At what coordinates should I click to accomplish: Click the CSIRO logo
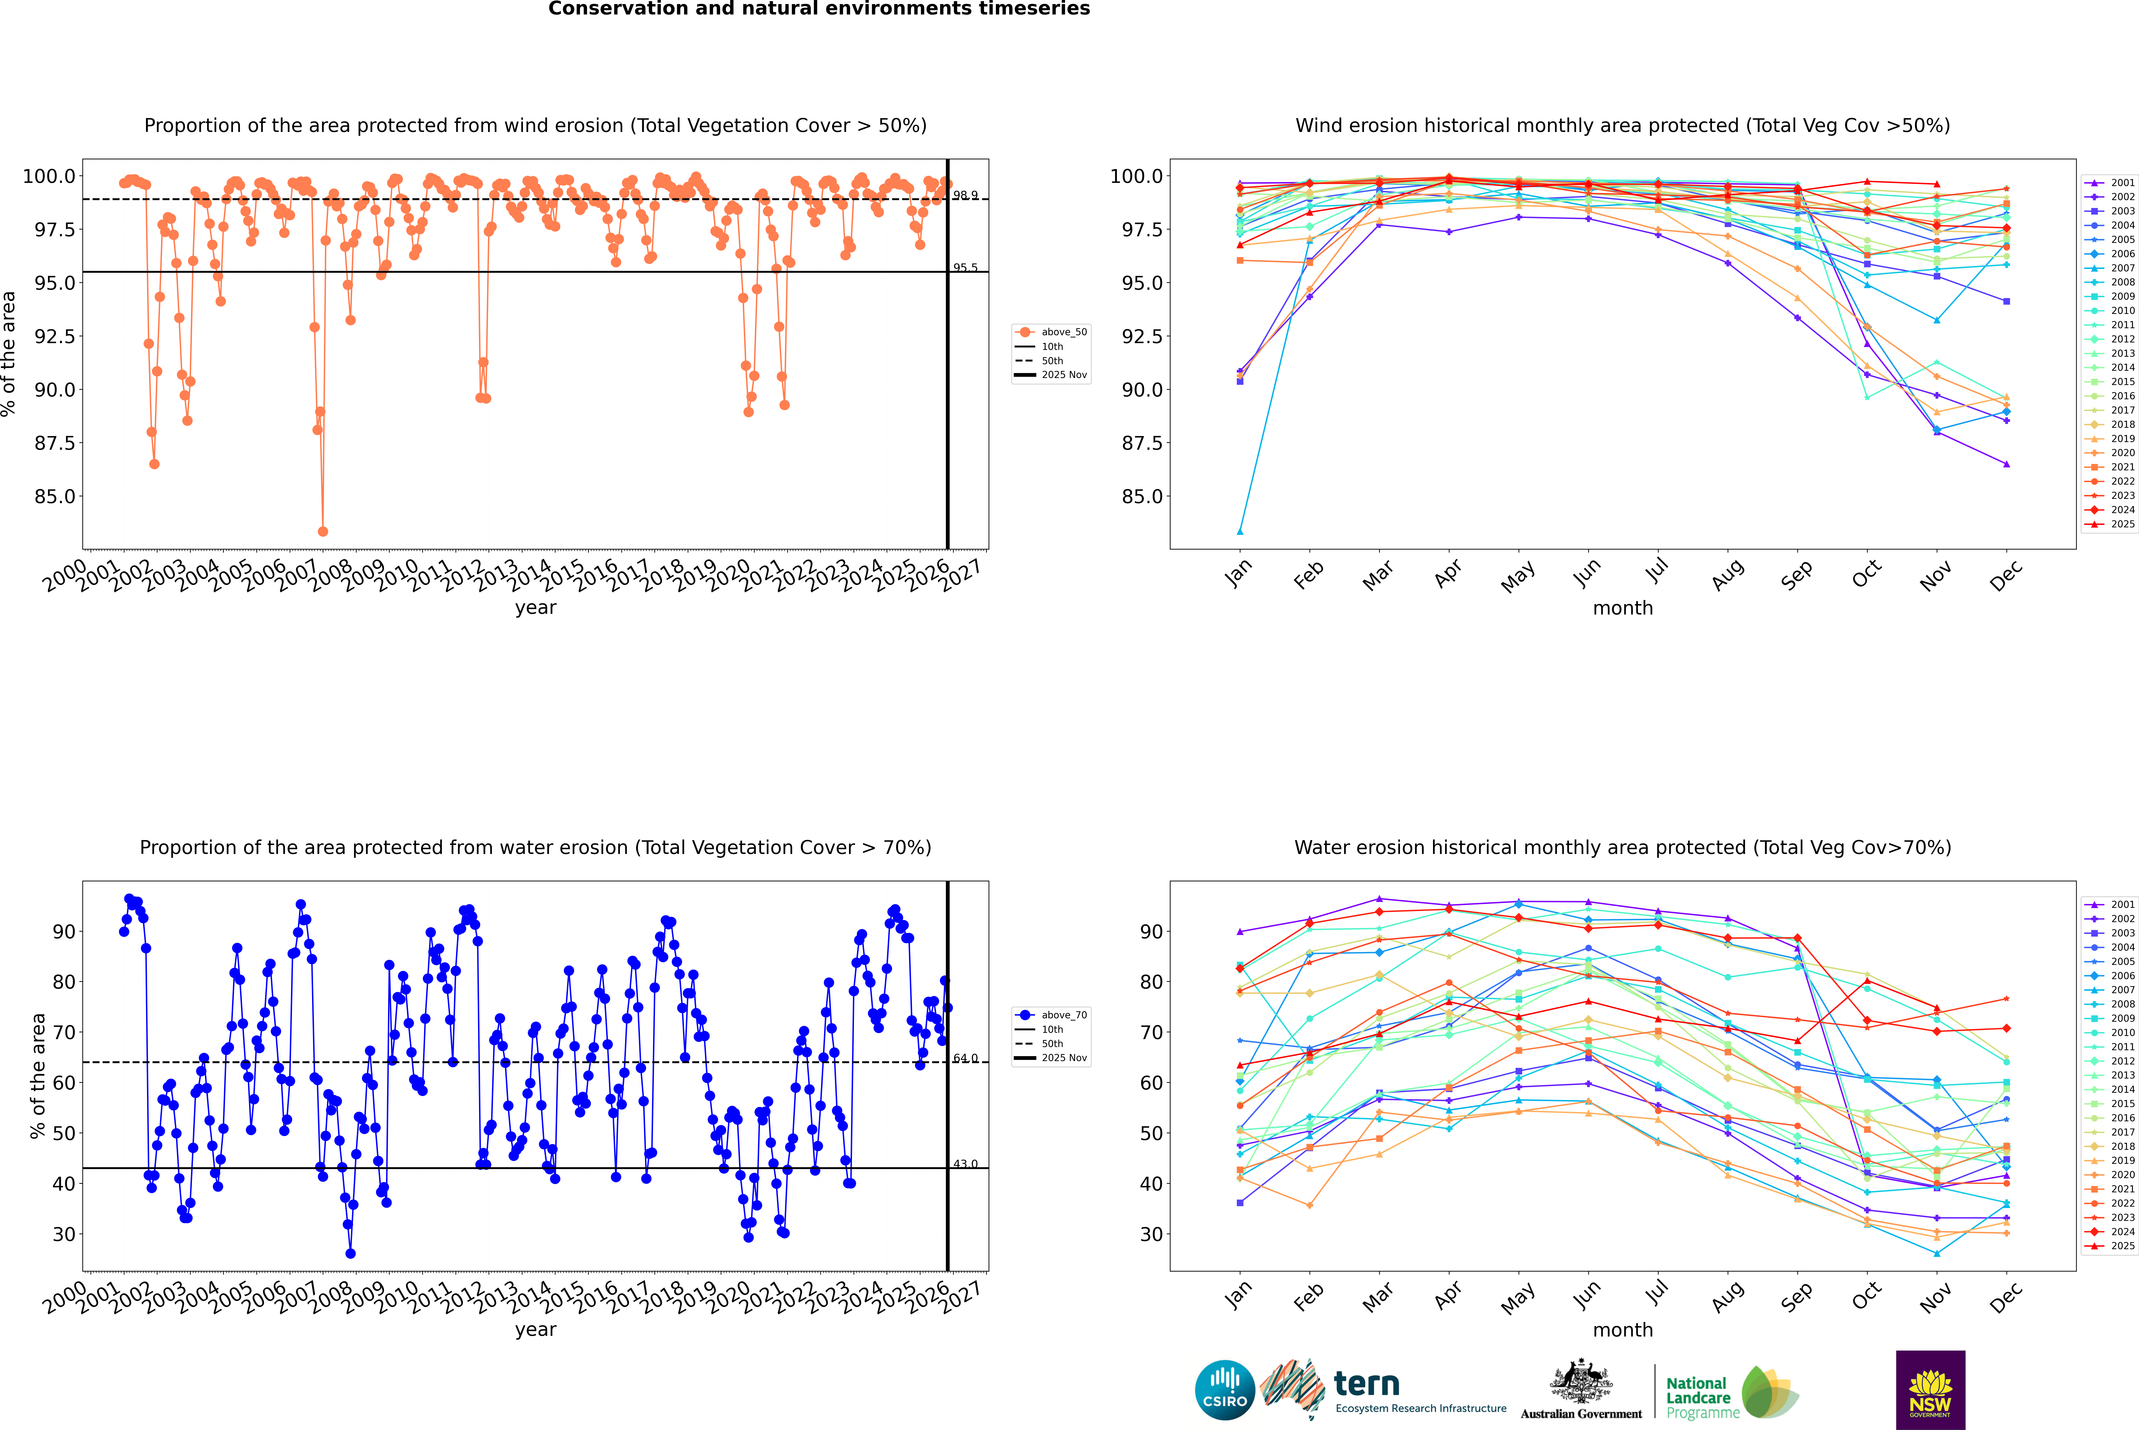click(1225, 1390)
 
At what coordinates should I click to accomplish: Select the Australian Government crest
click(1580, 1382)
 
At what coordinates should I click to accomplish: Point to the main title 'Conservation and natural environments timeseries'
click(819, 9)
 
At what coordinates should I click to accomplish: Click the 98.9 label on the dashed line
click(966, 195)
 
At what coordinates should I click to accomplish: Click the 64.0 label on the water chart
click(966, 1058)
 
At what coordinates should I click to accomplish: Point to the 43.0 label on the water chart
click(966, 1164)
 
